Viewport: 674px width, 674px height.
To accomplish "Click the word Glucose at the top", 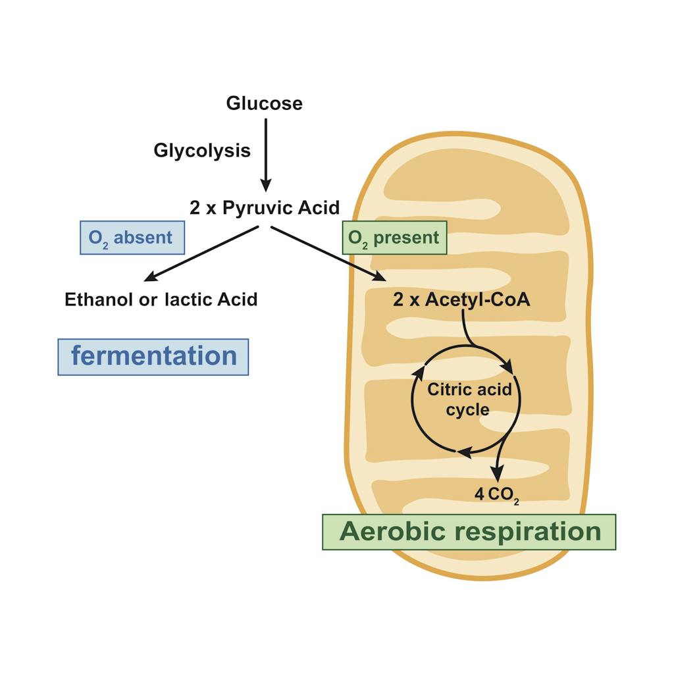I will coord(264,103).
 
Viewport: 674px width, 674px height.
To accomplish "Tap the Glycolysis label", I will coord(202,151).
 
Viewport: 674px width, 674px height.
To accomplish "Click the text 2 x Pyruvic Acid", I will coord(265,208).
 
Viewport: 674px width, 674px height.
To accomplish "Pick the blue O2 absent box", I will coord(132,238).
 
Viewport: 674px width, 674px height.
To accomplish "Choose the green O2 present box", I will coord(394,238).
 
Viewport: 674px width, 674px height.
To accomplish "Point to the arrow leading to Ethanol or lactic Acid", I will coord(201,253).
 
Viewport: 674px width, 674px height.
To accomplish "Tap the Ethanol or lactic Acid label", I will coord(161,299).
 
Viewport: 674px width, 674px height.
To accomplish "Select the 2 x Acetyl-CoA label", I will coord(461,299).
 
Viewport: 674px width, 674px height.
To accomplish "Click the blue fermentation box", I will coord(153,357).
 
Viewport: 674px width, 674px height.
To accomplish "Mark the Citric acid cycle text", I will coord(468,399).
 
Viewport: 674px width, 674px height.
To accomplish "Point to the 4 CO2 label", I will coord(497,494).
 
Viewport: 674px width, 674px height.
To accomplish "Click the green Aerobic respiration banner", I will coord(469,532).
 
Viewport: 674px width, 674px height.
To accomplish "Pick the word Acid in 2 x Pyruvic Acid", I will coord(319,208).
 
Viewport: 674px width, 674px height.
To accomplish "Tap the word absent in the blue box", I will coord(143,238).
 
